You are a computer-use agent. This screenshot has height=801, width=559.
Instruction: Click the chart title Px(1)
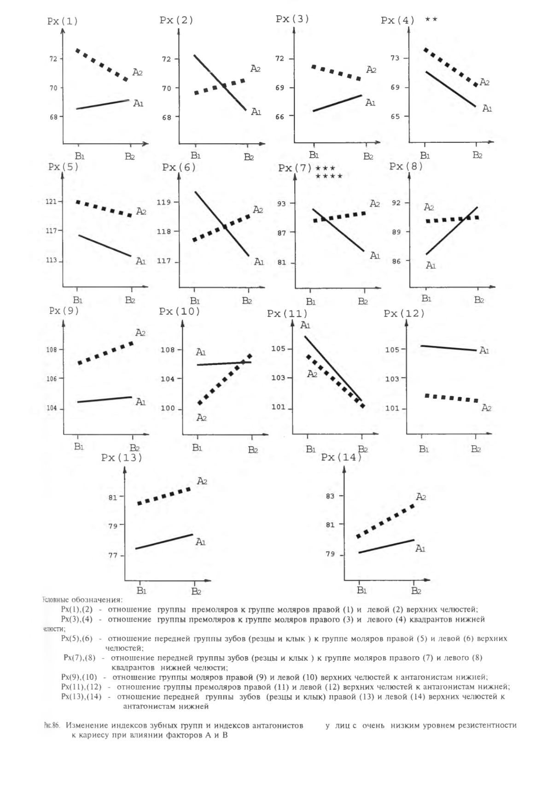pyautogui.click(x=63, y=21)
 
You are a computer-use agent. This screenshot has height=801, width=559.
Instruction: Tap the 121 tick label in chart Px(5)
pyautogui.click(x=51, y=201)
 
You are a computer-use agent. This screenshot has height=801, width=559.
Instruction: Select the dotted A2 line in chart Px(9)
pyautogui.click(x=105, y=353)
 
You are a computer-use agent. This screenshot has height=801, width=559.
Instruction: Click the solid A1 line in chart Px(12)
pyautogui.click(x=448, y=348)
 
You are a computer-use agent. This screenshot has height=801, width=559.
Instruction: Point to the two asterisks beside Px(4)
pyautogui.click(x=431, y=19)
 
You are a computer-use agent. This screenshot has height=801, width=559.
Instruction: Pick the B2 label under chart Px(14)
pyautogui.click(x=416, y=590)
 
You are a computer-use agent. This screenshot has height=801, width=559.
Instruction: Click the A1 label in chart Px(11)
pyautogui.click(x=305, y=325)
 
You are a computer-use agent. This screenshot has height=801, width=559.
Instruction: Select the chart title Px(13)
pyautogui.click(x=122, y=458)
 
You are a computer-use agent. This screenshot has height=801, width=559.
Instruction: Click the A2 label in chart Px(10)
pyautogui.click(x=201, y=418)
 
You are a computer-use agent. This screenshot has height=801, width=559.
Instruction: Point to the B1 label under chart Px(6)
pyautogui.click(x=195, y=301)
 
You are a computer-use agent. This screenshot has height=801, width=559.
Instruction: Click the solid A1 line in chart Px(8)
pyautogui.click(x=452, y=230)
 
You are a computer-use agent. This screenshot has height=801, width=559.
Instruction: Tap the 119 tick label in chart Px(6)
pyautogui.click(x=163, y=202)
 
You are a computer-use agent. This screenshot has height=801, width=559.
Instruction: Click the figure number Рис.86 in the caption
pyautogui.click(x=51, y=725)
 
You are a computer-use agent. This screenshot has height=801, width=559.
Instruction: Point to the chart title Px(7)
pyautogui.click(x=295, y=168)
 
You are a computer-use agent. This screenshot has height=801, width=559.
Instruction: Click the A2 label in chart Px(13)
pyautogui.click(x=202, y=481)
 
